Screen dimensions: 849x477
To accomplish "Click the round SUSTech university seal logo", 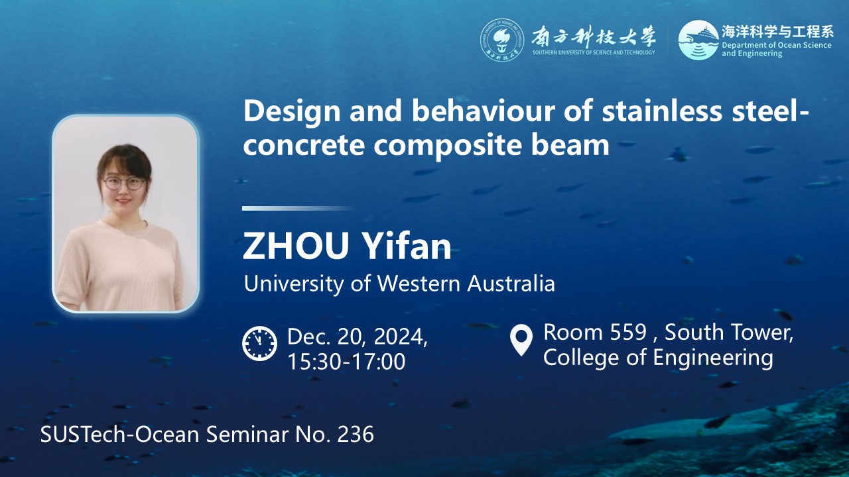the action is (502, 40).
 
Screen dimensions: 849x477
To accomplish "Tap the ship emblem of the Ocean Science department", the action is (698, 40).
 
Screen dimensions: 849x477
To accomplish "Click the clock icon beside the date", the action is (259, 343).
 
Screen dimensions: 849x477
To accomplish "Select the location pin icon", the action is (521, 340).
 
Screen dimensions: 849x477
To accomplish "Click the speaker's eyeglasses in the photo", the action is (124, 184).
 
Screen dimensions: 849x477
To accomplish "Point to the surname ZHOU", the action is (296, 246).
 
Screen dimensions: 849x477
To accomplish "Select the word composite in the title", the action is (448, 146).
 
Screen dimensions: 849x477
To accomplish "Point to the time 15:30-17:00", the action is (346, 361).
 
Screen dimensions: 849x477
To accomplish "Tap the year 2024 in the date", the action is (401, 337).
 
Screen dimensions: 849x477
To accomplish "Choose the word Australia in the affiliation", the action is (511, 283).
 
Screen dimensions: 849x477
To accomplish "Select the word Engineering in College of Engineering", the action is (712, 358).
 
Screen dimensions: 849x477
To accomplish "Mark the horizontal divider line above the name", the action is (298, 208).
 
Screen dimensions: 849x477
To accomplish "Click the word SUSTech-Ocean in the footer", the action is (120, 434).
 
